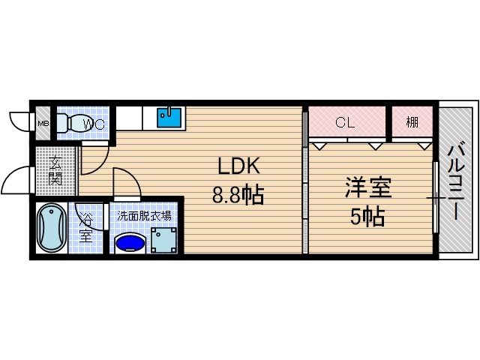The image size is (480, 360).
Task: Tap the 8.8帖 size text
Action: (237, 196)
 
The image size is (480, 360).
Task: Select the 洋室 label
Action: (369, 187)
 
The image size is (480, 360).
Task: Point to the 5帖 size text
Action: (368, 217)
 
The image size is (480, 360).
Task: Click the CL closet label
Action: (345, 122)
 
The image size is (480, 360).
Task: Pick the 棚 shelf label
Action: (412, 122)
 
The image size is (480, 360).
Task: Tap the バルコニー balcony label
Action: (455, 183)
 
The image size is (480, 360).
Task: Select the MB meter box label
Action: (43, 124)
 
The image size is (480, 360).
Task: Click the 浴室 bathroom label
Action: (87, 228)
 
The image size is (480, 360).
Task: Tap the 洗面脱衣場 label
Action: (143, 215)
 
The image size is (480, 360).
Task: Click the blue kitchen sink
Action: (169, 118)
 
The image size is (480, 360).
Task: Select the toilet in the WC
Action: (72, 124)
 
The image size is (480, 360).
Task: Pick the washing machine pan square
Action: (164, 239)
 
